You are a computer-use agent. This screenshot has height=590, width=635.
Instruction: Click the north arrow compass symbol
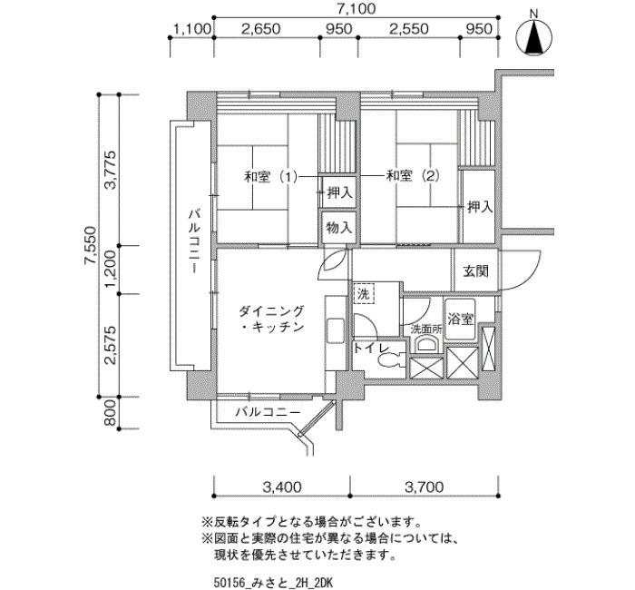pos(533,37)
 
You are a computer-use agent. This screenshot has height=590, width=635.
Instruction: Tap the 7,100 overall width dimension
pos(357,9)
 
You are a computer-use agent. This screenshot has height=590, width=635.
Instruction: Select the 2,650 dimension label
pos(261,29)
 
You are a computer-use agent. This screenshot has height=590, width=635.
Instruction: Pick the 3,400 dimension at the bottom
pos(282,487)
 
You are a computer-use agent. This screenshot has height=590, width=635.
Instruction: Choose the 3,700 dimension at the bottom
pos(425,487)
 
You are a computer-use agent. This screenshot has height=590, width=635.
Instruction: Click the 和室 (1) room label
pos(271,177)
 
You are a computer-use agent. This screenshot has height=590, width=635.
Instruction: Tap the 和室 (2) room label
pos(413,176)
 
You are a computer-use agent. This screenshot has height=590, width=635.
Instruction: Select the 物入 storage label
pos(339,228)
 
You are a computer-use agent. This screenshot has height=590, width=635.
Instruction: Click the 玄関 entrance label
pos(476,271)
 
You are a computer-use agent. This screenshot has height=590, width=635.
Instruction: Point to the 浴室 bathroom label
pos(461,319)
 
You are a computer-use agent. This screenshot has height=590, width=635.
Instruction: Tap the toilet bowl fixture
pos(389,360)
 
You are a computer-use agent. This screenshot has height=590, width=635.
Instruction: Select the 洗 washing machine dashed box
pos(364,294)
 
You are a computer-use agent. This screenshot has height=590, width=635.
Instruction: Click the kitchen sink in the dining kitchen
pos(336,330)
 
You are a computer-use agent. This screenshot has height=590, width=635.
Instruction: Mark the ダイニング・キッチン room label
pos(271,319)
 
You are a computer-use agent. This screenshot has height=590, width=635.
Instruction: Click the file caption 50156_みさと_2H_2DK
pos(273,583)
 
